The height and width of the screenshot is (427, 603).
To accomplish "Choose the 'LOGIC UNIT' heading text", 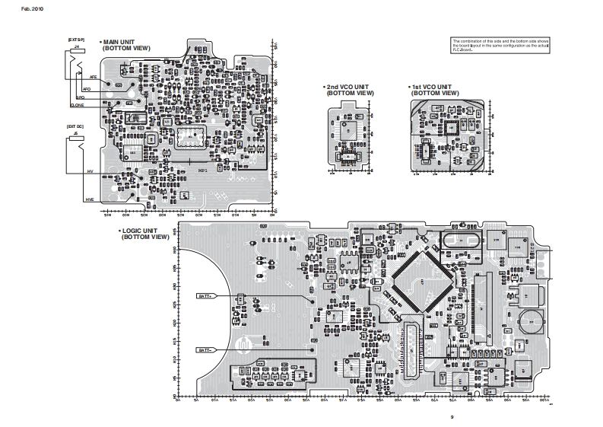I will [141, 230].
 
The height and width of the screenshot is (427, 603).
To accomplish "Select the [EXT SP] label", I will [76, 38].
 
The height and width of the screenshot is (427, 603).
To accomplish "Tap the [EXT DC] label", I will [76, 126].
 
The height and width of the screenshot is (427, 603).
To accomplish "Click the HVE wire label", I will [89, 199].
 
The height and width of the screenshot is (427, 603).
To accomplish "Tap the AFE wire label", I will [93, 78].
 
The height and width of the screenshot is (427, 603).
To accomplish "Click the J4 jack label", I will [76, 48].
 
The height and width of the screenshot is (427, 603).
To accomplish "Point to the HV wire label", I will [90, 173].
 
